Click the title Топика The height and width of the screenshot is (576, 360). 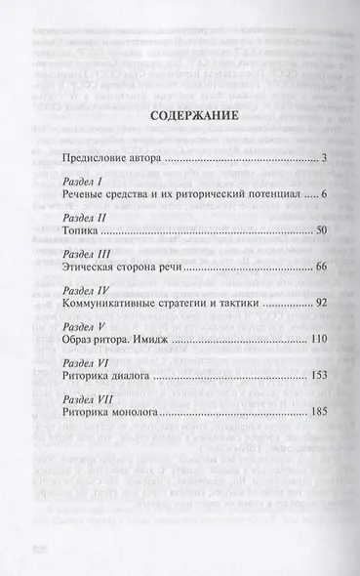point(79,233)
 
